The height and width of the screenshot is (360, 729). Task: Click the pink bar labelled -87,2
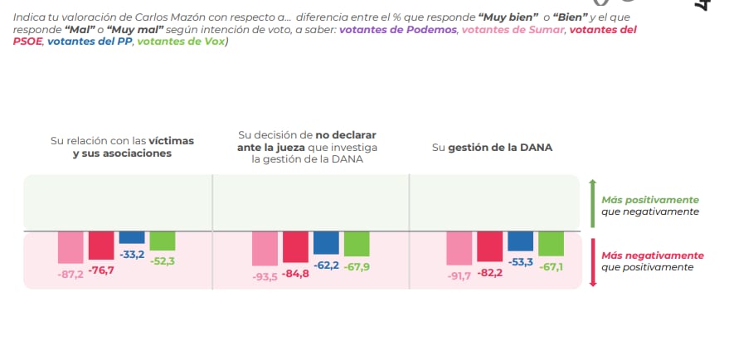pyautogui.click(x=70, y=247)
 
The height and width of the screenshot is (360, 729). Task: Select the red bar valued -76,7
pyautogui.click(x=101, y=246)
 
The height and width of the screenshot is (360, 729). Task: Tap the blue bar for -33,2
pyautogui.click(x=132, y=237)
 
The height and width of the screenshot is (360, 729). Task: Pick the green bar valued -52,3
pyautogui.click(x=163, y=241)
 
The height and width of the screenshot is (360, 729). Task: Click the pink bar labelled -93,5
pyautogui.click(x=265, y=248)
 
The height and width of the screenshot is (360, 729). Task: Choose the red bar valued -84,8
pyautogui.click(x=295, y=246)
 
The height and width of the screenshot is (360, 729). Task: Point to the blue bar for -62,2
pyautogui.click(x=326, y=242)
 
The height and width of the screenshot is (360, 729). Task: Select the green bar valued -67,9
pyautogui.click(x=357, y=243)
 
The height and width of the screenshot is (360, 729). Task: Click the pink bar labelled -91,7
pyautogui.click(x=459, y=248)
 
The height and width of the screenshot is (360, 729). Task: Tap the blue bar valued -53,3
pyautogui.click(x=520, y=241)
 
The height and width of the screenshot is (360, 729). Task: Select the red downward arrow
pyautogui.click(x=592, y=260)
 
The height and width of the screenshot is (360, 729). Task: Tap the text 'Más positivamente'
pyautogui.click(x=650, y=200)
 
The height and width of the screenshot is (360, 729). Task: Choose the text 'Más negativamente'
pyautogui.click(x=653, y=255)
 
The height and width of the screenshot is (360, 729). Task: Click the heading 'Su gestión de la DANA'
pyautogui.click(x=492, y=148)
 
